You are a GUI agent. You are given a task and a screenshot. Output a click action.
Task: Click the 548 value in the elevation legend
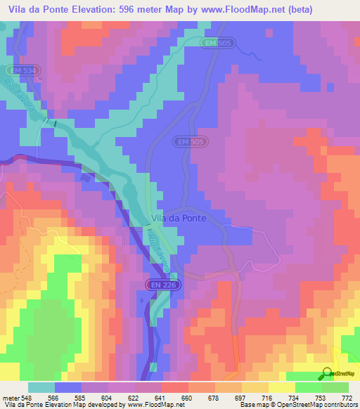(28, 398)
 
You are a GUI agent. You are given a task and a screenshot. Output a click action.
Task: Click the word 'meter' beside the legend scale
(11, 398)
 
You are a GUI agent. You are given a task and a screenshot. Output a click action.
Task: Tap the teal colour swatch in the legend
(41, 387)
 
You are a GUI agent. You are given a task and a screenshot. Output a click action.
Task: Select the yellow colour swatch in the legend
(282, 387)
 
